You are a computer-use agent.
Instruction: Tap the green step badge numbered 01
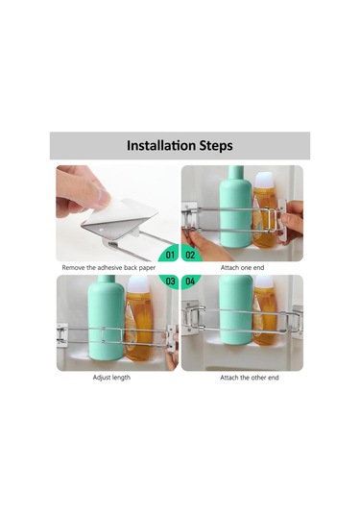pos(169,254)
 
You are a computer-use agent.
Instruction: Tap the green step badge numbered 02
pos(191,255)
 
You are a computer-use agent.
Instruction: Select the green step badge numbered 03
pos(170,281)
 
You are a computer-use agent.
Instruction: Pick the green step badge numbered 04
pos(190,281)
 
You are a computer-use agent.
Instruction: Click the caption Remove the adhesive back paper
pos(108,268)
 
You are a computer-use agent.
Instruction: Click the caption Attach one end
pos(242,268)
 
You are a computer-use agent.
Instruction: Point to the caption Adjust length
pos(111,378)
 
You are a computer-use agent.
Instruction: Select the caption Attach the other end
pos(250,378)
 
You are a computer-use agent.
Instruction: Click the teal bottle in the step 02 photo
pos(235,207)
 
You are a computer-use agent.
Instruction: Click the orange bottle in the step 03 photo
pos(139,319)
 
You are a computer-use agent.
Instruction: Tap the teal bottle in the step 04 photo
pos(236,309)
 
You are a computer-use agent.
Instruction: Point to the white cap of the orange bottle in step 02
pos(265,181)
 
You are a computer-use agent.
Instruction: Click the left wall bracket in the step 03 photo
pos(61,334)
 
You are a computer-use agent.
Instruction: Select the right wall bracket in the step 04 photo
pos(298,321)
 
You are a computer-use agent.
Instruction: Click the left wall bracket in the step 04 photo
pos(189,317)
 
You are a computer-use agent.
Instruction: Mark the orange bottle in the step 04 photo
pos(265,310)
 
